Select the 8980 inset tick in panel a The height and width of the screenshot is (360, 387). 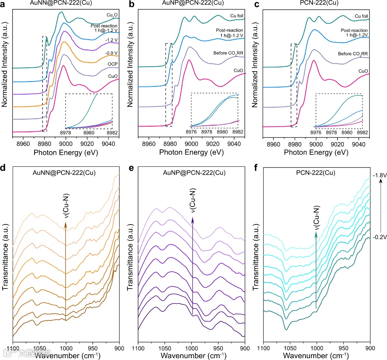click(89, 133)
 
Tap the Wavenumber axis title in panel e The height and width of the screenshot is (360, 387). click(191, 356)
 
